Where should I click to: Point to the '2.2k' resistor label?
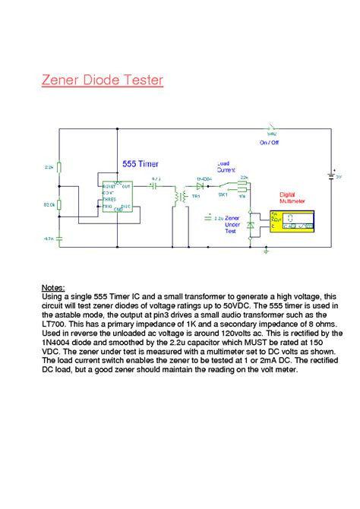tap(49, 165)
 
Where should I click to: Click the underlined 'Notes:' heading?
tap(53, 288)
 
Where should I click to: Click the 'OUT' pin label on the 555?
tap(126, 185)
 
